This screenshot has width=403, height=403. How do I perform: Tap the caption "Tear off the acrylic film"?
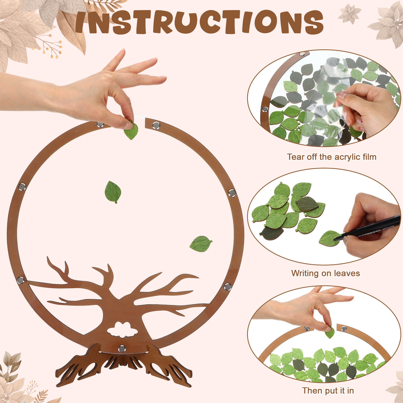332,157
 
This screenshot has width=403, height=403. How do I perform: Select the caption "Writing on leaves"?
325,273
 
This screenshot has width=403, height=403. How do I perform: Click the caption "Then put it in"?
328,391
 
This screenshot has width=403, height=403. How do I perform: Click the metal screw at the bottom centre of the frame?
122,349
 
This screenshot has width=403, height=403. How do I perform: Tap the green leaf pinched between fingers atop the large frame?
131,130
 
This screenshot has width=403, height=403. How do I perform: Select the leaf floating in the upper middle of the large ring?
113,192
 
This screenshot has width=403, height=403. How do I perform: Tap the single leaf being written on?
329,239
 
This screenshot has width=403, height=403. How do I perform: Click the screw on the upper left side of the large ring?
22,187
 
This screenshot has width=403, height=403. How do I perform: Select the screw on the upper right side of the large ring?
232,193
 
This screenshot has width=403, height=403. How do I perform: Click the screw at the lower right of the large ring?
228,287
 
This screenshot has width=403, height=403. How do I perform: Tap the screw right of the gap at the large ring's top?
156,125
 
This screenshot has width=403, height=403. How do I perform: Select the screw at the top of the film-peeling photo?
301,54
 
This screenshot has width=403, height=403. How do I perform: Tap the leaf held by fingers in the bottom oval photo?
330,332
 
